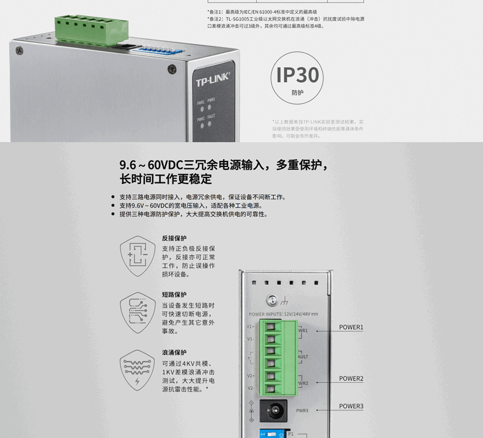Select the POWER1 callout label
(x=351, y=327)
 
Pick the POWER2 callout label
(x=351, y=379)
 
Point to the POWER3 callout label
(x=351, y=406)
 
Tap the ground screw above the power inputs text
(x=271, y=301)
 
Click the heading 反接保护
(x=174, y=239)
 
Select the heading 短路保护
(x=174, y=295)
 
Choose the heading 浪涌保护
(x=174, y=353)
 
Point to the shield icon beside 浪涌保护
(x=137, y=370)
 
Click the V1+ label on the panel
(x=251, y=327)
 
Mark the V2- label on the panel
(x=251, y=388)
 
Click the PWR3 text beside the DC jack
(x=302, y=411)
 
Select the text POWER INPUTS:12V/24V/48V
(x=284, y=314)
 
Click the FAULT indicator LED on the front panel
(x=210, y=124)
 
